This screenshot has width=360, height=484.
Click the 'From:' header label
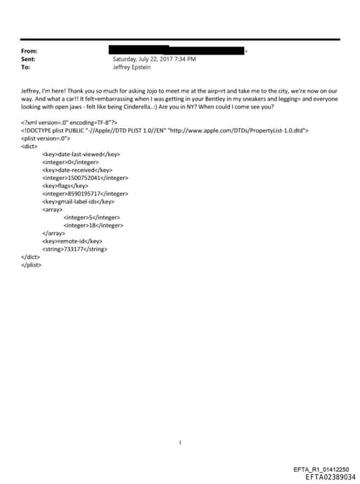click(x=30, y=51)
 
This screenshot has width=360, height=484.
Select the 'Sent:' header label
click(x=30, y=60)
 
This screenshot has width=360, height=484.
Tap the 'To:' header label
click(x=26, y=68)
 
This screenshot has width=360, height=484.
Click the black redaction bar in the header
click(x=176, y=51)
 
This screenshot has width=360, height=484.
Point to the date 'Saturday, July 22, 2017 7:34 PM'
click(x=154, y=60)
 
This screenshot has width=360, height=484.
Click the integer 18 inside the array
click(x=94, y=225)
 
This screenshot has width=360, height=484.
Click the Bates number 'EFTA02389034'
click(x=330, y=477)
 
